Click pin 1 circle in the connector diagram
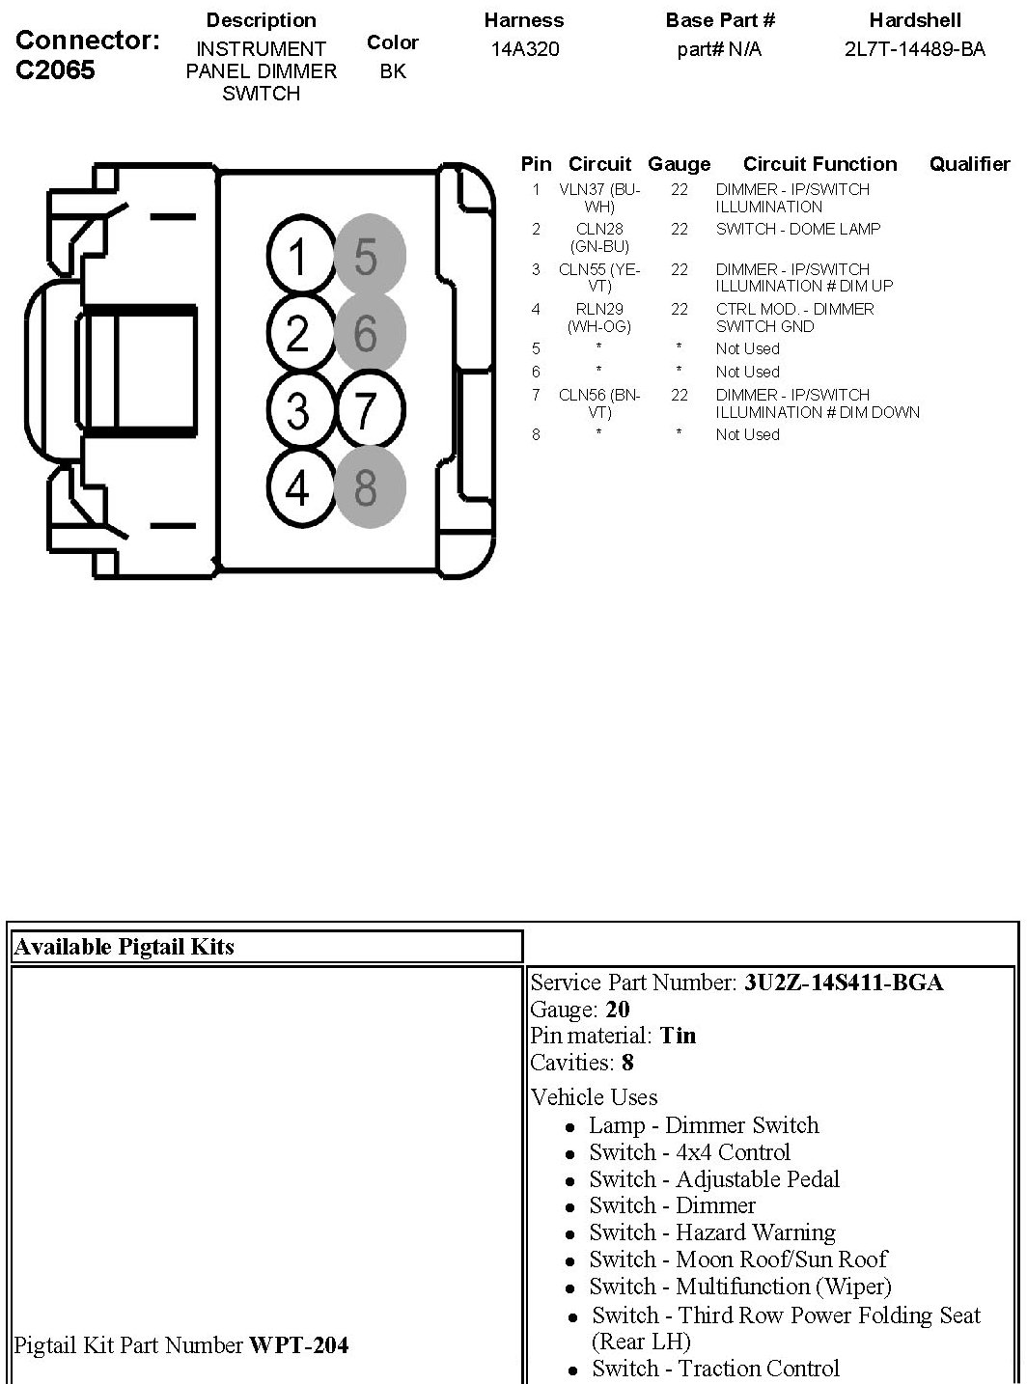click(x=298, y=258)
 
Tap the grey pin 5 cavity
click(x=366, y=257)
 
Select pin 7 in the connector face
click(x=366, y=411)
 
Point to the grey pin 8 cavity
click(x=366, y=487)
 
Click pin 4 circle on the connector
click(x=298, y=487)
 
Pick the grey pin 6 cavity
click(x=366, y=334)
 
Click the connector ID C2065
click(x=56, y=70)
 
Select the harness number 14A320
click(x=524, y=48)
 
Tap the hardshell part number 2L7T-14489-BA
click(x=914, y=48)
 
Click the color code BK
click(x=393, y=71)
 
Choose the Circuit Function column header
click(x=819, y=164)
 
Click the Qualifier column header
click(x=969, y=164)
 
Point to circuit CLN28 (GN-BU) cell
click(x=599, y=237)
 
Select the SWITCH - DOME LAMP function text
click(x=798, y=229)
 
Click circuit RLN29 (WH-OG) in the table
click(x=599, y=318)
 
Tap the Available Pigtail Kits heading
click(x=125, y=946)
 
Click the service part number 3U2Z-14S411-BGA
click(x=843, y=983)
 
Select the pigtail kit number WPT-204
click(x=299, y=1343)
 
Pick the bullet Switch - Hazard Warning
click(x=712, y=1232)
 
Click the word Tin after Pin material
click(x=678, y=1036)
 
